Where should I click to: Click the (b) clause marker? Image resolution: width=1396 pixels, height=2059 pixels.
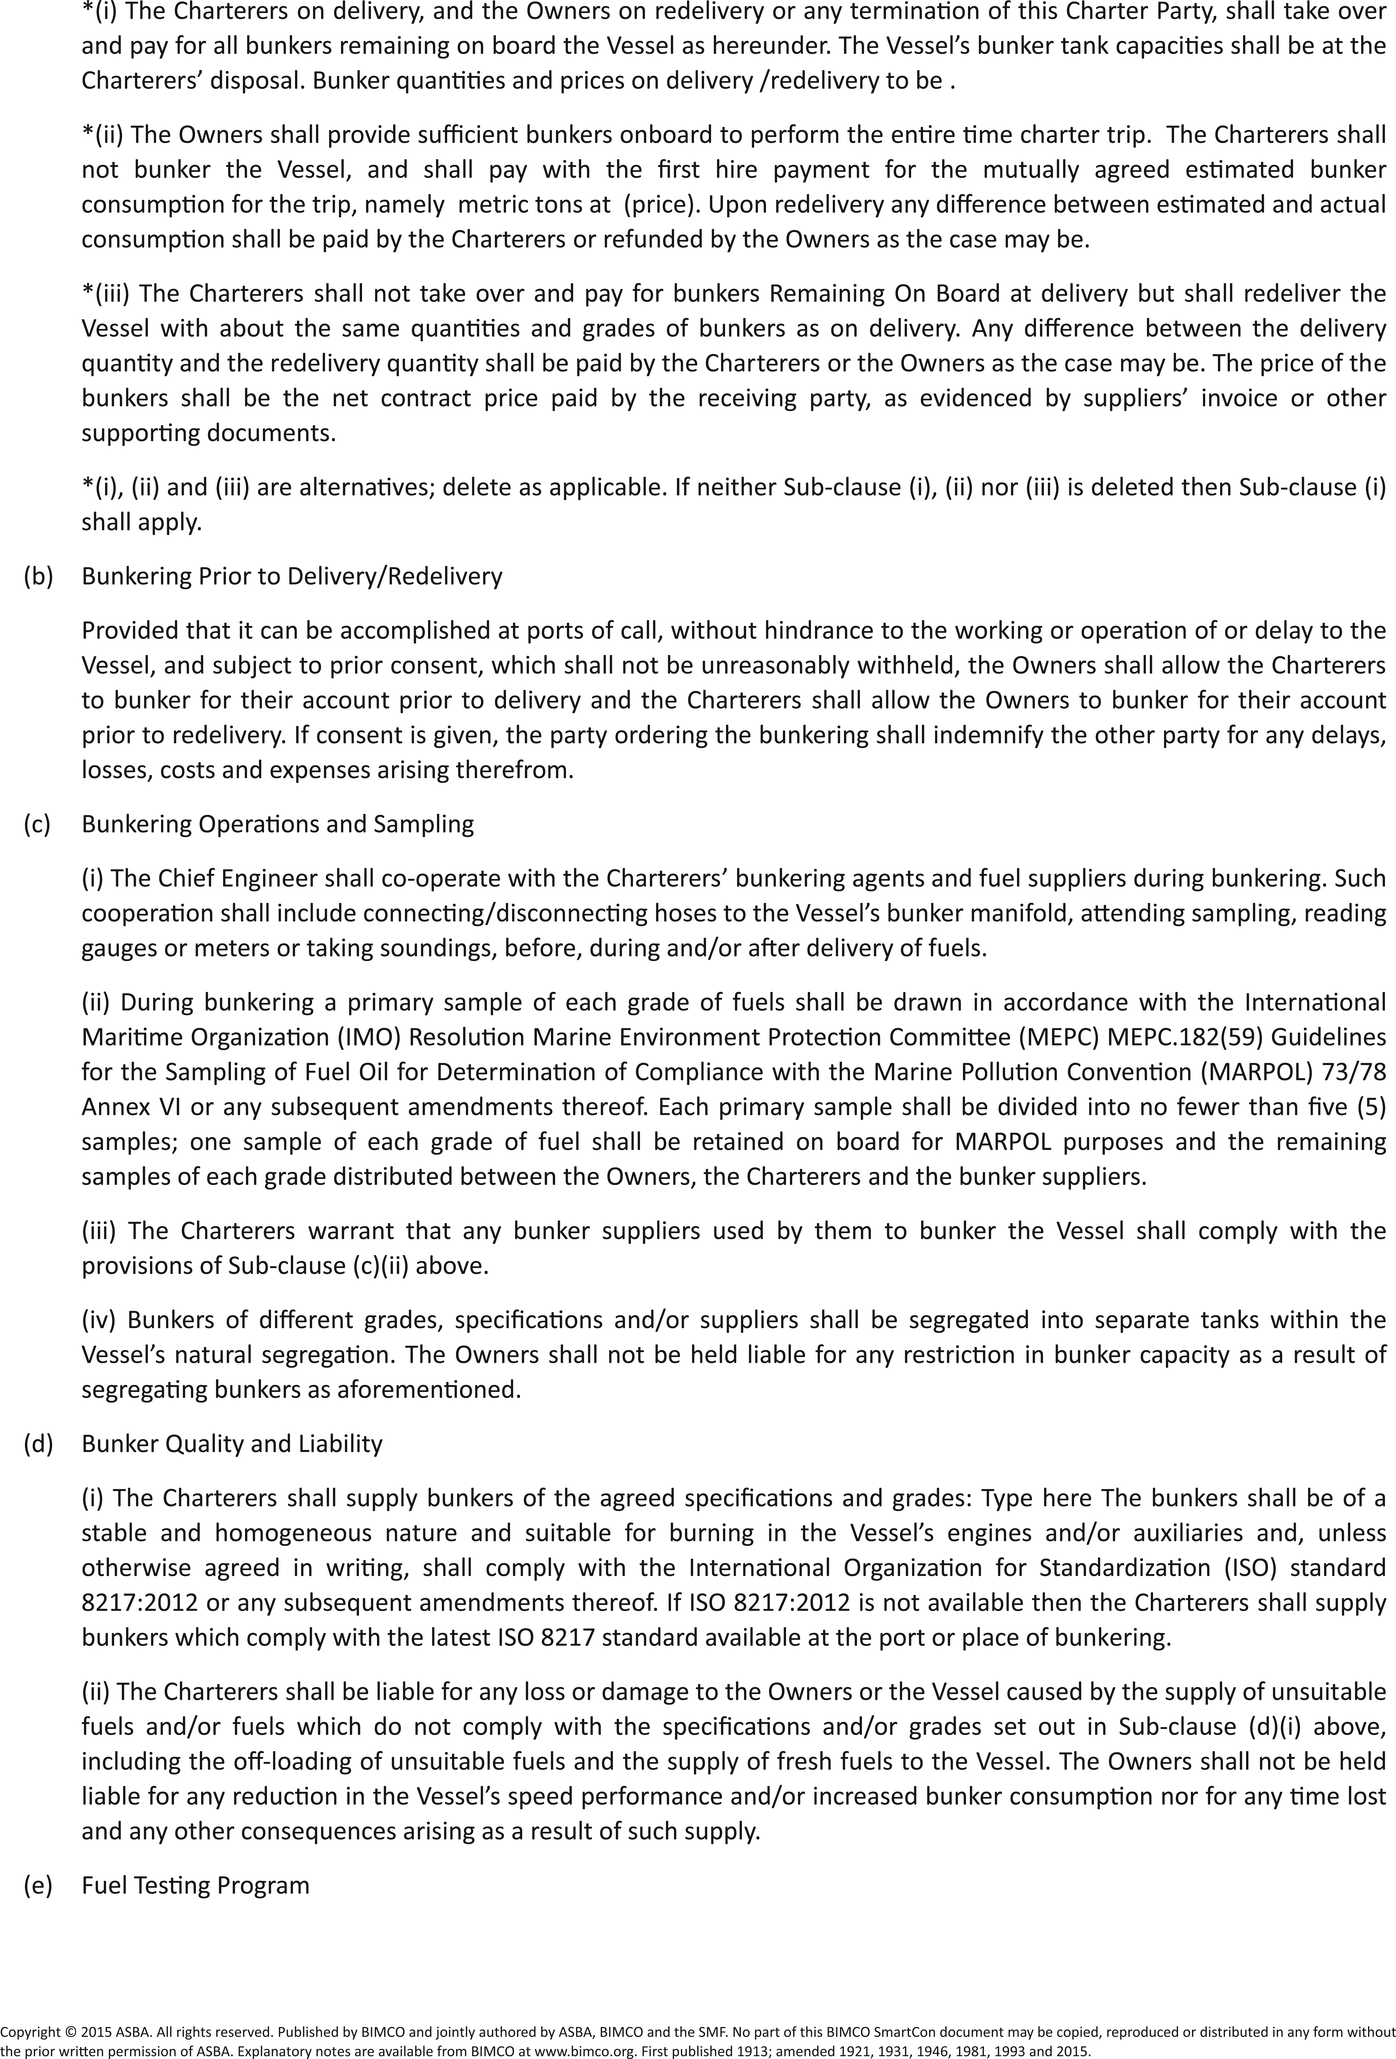tap(38, 577)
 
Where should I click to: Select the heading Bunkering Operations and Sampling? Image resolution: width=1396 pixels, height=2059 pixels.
tap(278, 824)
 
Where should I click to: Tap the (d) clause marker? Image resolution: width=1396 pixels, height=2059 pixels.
tap(38, 1444)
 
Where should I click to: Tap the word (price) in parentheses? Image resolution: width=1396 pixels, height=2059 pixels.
tap(661, 205)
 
